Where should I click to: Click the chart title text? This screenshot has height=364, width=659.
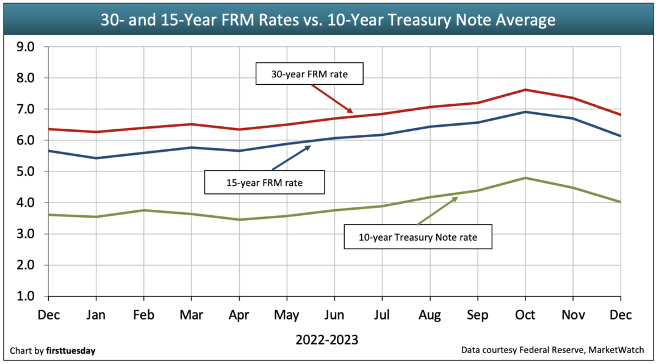328,20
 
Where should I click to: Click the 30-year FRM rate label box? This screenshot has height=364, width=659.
309,75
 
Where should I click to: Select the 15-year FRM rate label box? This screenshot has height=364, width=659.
264,182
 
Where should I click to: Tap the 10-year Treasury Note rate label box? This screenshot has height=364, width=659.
418,237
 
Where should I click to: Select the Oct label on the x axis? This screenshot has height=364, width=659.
525,315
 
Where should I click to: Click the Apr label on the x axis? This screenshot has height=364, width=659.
239,315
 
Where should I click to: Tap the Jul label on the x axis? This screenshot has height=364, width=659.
381,315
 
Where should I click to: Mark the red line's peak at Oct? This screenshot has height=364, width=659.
525,90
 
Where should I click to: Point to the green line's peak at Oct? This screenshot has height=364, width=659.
525,178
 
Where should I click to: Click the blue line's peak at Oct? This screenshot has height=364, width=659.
525,112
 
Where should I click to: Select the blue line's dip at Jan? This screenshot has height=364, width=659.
96,158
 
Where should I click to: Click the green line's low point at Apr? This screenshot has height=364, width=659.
239,219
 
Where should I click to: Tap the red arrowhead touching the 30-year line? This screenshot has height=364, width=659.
350,111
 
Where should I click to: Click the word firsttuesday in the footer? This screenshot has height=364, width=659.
71,351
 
